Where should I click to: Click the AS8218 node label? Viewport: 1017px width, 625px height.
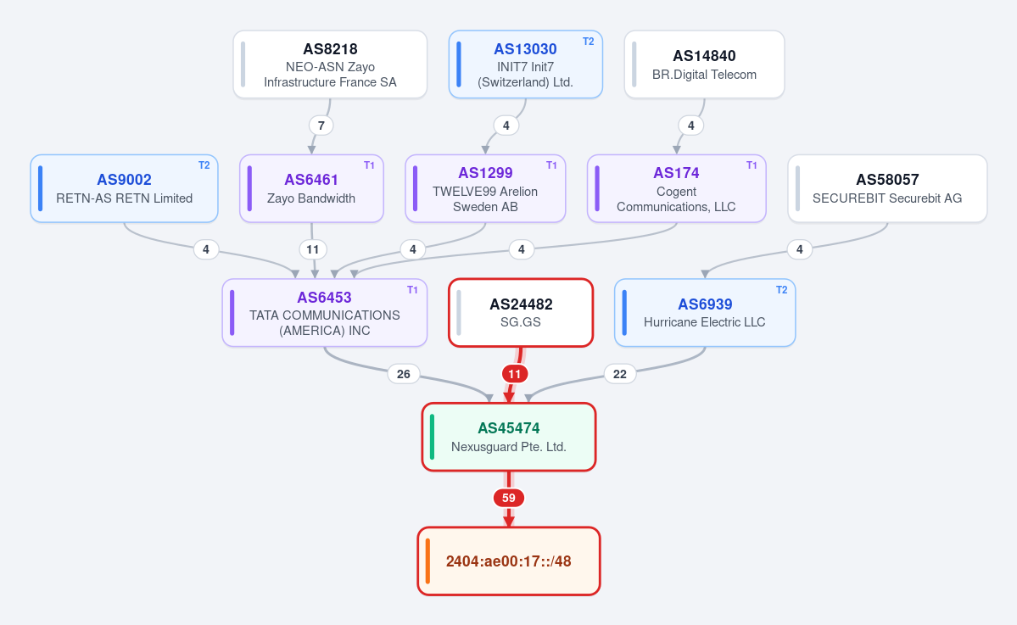[330, 49]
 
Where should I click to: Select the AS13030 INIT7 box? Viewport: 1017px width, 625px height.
[525, 64]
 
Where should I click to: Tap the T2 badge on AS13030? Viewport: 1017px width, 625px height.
[589, 42]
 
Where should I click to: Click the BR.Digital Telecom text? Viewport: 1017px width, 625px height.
[704, 75]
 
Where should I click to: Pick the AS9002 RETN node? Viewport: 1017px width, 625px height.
[124, 188]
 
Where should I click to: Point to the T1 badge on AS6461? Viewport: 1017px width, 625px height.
[369, 165]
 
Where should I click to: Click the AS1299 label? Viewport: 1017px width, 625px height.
[485, 173]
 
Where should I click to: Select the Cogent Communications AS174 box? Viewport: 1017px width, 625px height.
[677, 188]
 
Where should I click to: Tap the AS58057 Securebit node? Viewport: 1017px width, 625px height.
[887, 188]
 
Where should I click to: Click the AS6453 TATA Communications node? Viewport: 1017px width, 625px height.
[324, 313]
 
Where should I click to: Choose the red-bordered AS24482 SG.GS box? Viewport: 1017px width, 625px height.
[521, 313]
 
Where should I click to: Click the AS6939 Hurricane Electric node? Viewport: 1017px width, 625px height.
[705, 313]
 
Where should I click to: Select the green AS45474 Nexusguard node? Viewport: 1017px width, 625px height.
[509, 437]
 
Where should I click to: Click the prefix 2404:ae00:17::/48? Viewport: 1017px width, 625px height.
[509, 561]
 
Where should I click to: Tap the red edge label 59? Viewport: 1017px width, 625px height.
[509, 498]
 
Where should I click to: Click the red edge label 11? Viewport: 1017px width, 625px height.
[514, 374]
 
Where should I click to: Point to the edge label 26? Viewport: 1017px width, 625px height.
[404, 374]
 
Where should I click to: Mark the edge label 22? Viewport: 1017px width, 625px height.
[620, 374]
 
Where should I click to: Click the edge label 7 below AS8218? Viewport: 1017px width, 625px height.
[321, 126]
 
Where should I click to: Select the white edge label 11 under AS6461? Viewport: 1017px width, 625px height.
[313, 249]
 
